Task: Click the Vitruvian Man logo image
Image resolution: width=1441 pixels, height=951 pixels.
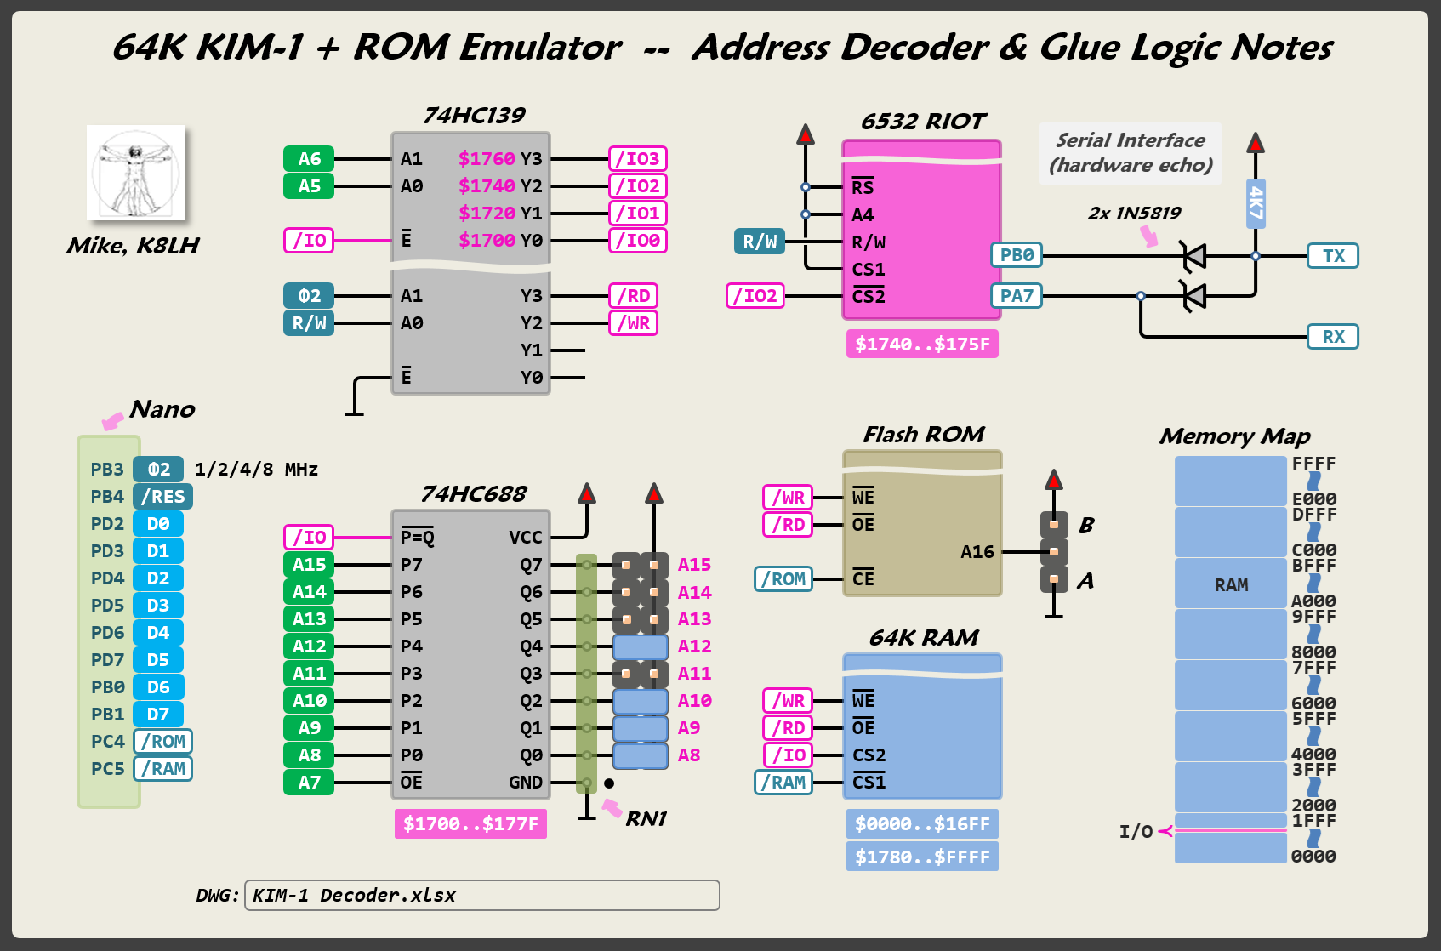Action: click(x=136, y=173)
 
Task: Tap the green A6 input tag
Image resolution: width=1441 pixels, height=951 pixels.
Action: click(x=309, y=159)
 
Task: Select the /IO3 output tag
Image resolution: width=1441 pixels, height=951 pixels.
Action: click(x=638, y=159)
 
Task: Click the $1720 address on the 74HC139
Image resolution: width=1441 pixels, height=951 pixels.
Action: click(x=487, y=214)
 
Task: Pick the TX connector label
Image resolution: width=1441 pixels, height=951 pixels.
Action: click(x=1333, y=256)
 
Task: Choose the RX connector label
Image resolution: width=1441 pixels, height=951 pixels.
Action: click(x=1333, y=337)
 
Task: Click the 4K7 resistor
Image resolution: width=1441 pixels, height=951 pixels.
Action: click(x=1256, y=203)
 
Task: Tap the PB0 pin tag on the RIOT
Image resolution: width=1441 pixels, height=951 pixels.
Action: click(x=1017, y=255)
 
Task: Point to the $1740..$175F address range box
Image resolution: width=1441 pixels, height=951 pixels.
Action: click(x=922, y=345)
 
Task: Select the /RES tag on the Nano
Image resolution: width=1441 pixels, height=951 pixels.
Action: click(x=162, y=497)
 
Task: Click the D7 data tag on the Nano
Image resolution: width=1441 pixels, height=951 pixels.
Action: click(x=158, y=715)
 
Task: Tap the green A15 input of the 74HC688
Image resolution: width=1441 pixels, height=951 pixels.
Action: click(x=309, y=565)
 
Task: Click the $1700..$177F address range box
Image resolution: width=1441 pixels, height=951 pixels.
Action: click(x=470, y=824)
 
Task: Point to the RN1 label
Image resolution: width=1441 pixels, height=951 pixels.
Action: click(x=646, y=819)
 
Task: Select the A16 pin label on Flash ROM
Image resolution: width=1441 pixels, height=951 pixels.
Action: click(x=977, y=552)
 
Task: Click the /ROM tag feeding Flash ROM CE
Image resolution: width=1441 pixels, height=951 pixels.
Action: click(x=783, y=579)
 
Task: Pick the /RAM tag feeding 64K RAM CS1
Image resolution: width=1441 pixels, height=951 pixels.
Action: click(x=783, y=783)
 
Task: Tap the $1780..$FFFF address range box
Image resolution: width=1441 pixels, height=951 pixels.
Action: click(x=922, y=857)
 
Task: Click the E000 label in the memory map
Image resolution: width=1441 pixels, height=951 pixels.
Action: click(x=1314, y=499)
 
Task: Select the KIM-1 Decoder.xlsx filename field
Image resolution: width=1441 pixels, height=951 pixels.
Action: click(x=481, y=896)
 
